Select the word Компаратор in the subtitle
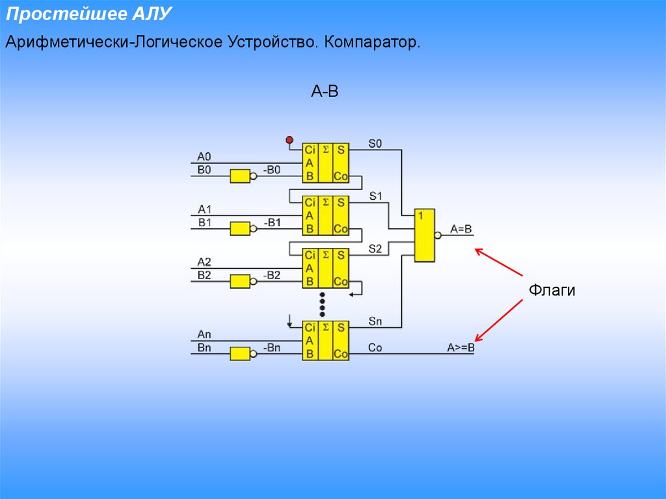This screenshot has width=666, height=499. coord(373,43)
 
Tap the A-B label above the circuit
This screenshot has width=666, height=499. coord(325,92)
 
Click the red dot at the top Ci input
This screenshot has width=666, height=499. coord(290,140)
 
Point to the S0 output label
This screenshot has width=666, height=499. coord(376,143)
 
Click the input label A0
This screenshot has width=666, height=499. coord(205,156)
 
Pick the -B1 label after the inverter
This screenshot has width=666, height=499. coord(272,223)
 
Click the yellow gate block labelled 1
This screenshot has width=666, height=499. coord(425,236)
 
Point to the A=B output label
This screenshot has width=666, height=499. coord(461,230)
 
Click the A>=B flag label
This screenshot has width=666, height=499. coord(460,348)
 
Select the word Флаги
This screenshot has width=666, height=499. coord(552,290)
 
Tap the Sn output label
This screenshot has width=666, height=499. coord(376,321)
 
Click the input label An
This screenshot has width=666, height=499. coord(205,335)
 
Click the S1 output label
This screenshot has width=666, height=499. coord(376,196)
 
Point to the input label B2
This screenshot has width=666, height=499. coord(205,275)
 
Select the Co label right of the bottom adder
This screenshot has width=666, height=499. coord(375,348)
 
